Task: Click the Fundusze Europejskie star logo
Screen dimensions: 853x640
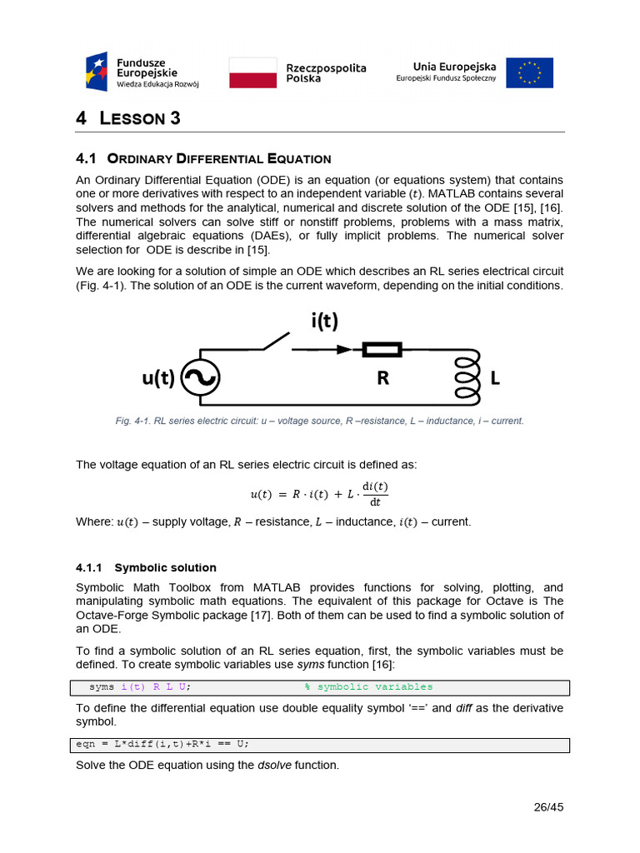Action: click(97, 72)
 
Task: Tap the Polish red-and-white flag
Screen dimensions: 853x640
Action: click(252, 72)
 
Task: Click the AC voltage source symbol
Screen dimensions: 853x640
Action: click(200, 378)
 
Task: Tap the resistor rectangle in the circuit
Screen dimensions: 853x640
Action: click(382, 350)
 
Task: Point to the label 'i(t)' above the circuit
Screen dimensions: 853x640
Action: click(326, 321)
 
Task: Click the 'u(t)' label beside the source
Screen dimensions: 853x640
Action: click(158, 378)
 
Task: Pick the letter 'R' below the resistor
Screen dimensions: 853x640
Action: click(382, 379)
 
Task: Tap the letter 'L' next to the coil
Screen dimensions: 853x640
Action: click(496, 379)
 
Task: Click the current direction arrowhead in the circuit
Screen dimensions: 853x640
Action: click(343, 350)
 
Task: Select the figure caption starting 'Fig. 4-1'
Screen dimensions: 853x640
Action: click(319, 421)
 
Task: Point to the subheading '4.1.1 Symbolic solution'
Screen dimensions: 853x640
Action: click(146, 567)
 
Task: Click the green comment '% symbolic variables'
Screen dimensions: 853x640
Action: click(367, 687)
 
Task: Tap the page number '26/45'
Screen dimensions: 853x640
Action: click(548, 806)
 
